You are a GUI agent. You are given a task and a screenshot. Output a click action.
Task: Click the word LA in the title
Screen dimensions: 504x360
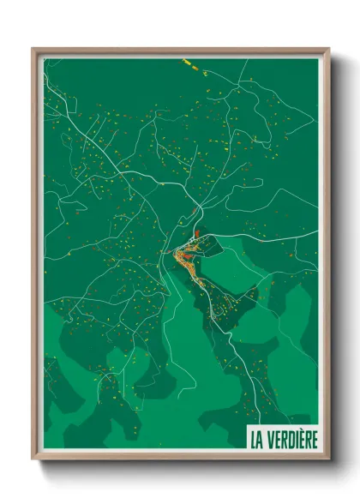257,440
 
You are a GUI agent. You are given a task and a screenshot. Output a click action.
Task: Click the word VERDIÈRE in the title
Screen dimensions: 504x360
291,440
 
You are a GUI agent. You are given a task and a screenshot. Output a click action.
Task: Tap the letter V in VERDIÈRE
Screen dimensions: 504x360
270,440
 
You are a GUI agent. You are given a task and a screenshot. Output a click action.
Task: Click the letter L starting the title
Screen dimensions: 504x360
254,440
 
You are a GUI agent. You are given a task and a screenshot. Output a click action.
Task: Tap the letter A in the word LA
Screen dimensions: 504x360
261,440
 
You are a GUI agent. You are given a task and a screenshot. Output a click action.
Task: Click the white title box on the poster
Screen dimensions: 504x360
283,439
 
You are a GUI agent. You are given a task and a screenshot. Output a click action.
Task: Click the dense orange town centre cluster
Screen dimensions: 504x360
184,255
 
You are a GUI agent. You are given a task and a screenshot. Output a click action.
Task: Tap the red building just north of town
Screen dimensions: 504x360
196,231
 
